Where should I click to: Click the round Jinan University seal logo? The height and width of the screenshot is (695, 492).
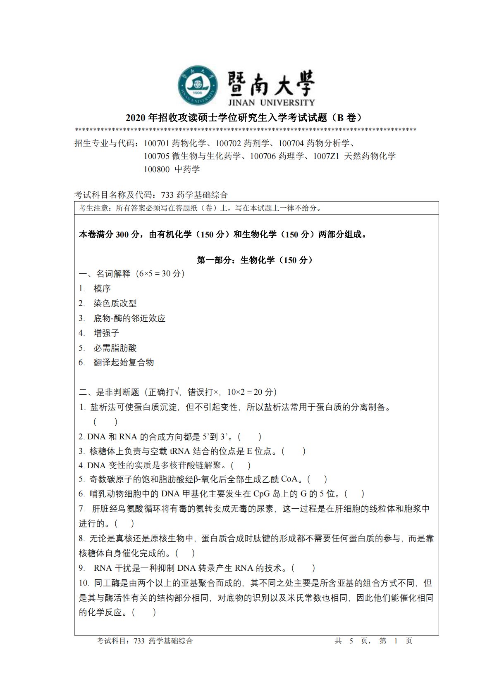(198, 85)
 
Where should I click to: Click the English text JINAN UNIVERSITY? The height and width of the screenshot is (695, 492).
(271, 102)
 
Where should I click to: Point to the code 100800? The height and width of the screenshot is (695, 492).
(157, 169)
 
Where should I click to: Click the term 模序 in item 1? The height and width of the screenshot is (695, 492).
(102, 289)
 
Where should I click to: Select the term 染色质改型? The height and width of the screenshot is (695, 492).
(115, 304)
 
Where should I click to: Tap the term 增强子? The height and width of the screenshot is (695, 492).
(106, 333)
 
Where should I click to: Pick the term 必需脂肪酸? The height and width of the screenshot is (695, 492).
(115, 348)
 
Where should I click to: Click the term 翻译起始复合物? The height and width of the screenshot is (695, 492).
(124, 363)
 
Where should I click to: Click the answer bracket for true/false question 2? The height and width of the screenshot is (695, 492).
(249, 436)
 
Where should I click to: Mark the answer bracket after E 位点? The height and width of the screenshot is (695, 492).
(294, 451)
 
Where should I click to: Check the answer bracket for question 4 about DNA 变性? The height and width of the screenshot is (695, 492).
(241, 465)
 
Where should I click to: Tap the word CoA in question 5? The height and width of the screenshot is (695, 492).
(289, 479)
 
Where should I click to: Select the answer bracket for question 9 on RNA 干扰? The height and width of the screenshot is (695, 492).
(304, 568)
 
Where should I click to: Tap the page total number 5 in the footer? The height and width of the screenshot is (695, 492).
(351, 641)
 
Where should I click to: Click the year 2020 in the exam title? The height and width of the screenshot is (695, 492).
(136, 118)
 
